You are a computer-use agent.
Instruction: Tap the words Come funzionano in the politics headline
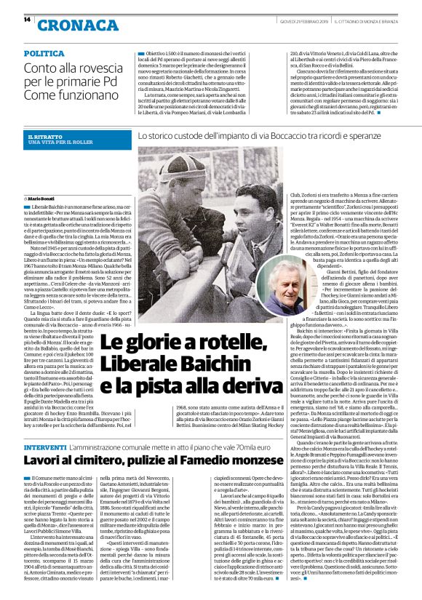pyautogui.click(x=62, y=96)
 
